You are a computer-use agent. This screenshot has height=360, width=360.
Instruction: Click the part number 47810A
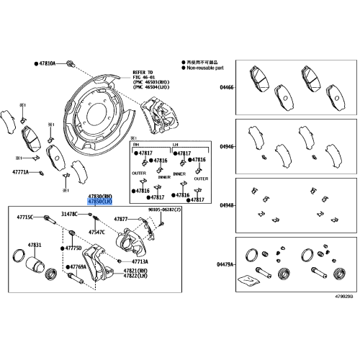click(x=45, y=64)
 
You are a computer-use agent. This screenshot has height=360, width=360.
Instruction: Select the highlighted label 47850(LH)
click(x=100, y=202)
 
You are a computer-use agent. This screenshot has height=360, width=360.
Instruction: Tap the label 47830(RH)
click(x=100, y=197)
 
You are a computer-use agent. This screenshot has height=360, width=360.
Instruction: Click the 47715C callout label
click(x=26, y=217)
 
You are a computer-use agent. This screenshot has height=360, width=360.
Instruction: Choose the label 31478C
click(x=70, y=214)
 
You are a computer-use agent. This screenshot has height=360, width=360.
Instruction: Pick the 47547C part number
click(x=96, y=233)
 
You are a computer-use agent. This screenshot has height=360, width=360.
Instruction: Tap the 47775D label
click(x=74, y=248)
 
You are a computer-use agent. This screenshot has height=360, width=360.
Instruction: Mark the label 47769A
click(x=77, y=267)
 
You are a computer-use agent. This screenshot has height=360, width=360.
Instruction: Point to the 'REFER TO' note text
click(x=143, y=72)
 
